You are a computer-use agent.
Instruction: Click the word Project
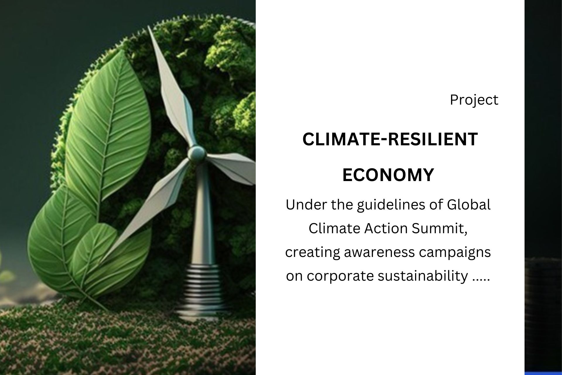pyautogui.click(x=474, y=100)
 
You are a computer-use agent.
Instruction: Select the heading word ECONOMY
pyautogui.click(x=388, y=175)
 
